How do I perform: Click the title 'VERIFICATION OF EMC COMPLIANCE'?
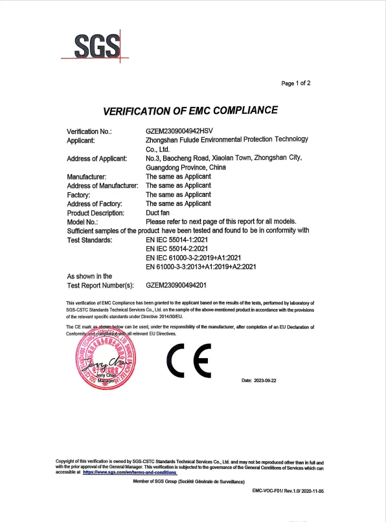pos(191,110)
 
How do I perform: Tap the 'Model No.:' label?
pos(82,222)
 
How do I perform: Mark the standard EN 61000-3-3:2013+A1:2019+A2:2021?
pos(203,267)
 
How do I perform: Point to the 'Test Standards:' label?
pos(89,240)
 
